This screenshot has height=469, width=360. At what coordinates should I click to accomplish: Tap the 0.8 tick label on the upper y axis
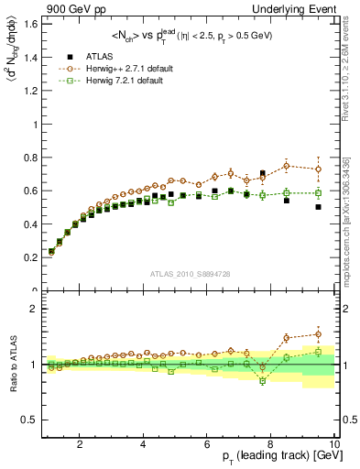[32, 158]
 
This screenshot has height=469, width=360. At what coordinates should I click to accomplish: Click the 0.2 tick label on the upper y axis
[32, 257]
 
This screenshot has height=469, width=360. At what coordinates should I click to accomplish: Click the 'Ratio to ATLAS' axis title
[12, 365]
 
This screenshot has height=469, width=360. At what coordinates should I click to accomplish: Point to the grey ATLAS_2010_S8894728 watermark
[189, 273]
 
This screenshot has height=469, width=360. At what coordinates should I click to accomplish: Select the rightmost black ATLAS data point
[318, 207]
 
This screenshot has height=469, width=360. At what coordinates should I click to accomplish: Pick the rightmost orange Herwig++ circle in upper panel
[318, 169]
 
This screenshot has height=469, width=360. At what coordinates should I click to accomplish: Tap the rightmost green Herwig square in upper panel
[318, 193]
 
